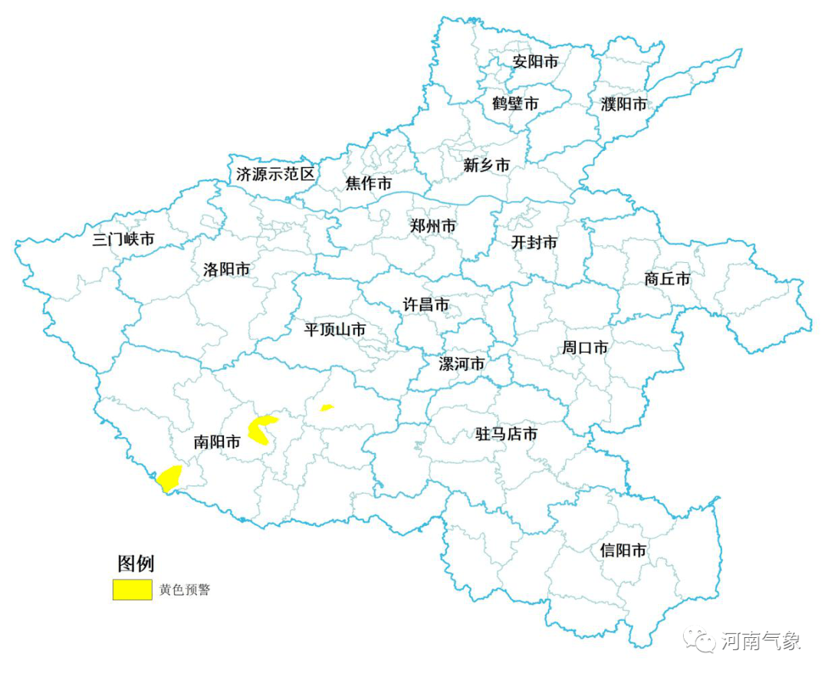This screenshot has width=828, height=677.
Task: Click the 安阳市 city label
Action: coord(536,62)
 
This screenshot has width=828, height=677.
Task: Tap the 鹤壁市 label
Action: coord(515,104)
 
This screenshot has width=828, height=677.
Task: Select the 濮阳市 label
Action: coord(623,104)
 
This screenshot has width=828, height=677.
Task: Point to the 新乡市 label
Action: coord(486,165)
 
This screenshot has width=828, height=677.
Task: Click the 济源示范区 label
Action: coord(275,174)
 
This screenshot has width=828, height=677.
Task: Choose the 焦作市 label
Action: coord(368,184)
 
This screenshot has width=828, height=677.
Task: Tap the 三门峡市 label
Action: coord(123,239)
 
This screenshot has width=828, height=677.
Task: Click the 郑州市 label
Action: coord(433,226)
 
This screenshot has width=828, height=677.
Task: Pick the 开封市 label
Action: coord(534,243)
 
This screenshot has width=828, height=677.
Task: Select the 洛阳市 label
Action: coord(226,270)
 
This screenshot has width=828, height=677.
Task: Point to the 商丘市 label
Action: coord(667,279)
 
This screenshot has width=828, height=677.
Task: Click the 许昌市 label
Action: coord(426,304)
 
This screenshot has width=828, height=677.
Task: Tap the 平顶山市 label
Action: coord(335,330)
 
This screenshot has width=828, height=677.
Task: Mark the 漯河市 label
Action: coord(461,363)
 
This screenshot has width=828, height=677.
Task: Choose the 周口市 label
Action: coord(585,348)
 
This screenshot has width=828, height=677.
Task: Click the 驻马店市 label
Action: coord(507,435)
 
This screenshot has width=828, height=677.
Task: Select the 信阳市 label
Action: coord(623,550)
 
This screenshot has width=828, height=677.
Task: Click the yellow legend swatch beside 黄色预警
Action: coord(132,589)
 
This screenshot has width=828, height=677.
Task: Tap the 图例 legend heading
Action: coord(136,564)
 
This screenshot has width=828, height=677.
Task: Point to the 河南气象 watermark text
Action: coord(761,641)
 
